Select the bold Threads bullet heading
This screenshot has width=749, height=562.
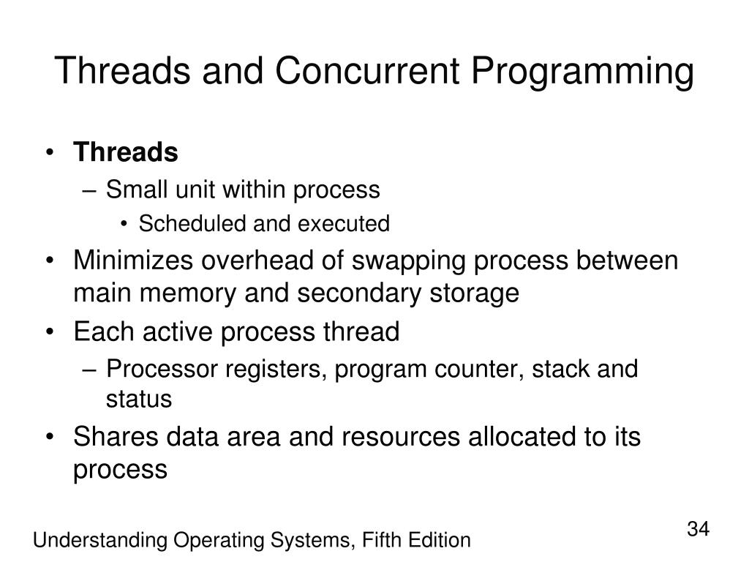126,152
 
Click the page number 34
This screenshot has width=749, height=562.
698,528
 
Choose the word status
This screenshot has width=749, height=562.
139,400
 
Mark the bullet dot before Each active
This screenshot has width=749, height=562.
49,332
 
